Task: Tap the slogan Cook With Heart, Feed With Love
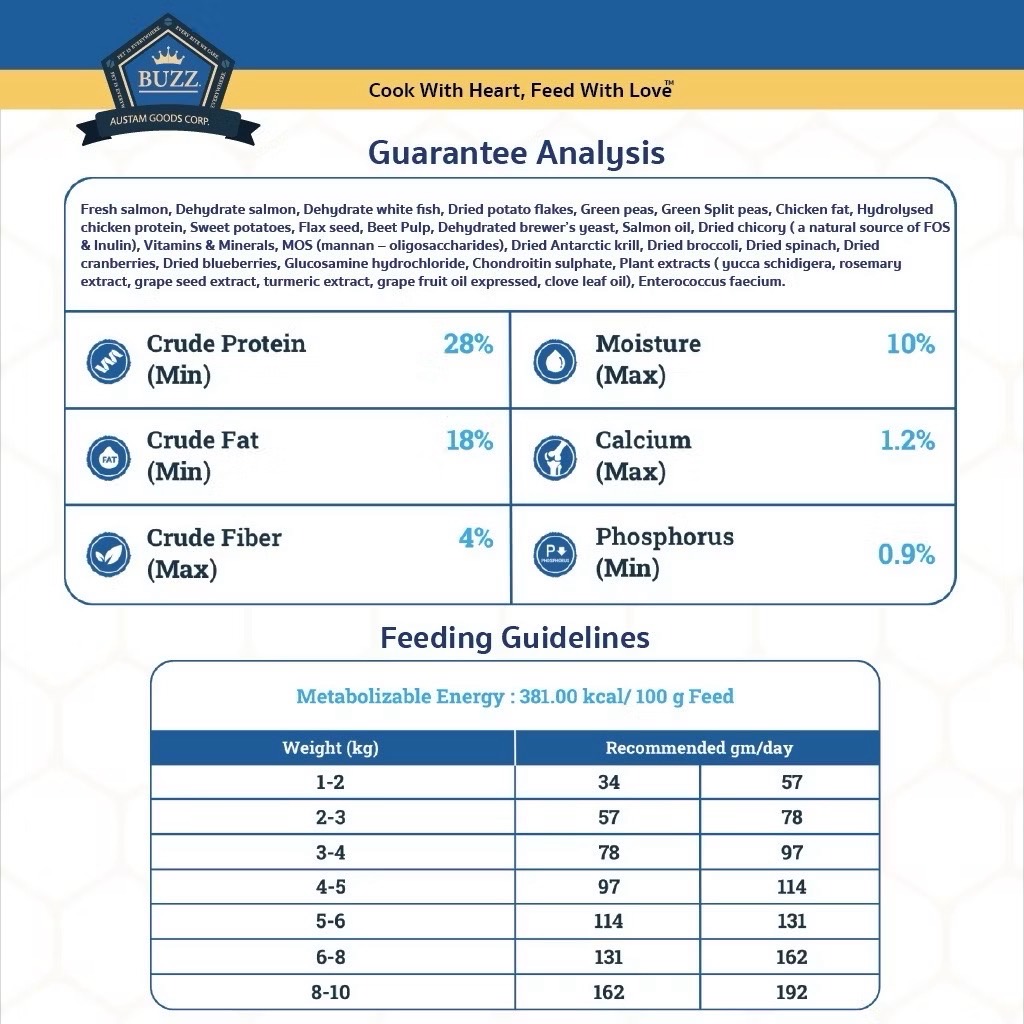[x=520, y=91]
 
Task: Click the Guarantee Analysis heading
[x=516, y=153]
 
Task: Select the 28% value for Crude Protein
[x=468, y=344]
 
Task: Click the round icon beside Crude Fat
[x=108, y=458]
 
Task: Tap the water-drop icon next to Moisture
[x=554, y=360]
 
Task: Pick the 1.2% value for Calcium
[x=907, y=441]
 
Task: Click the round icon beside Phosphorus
[x=554, y=554]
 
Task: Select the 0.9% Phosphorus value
[x=906, y=554]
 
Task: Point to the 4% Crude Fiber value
[x=476, y=538]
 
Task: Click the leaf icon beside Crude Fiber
[x=108, y=554]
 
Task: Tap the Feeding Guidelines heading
[x=515, y=638]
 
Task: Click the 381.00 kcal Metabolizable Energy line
[x=515, y=696]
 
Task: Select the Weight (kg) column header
[x=331, y=748]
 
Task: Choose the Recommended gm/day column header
[x=699, y=748]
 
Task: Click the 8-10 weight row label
[x=331, y=992]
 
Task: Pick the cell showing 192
[x=791, y=992]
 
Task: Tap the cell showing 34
[x=608, y=782]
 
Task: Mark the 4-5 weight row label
[x=331, y=887]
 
